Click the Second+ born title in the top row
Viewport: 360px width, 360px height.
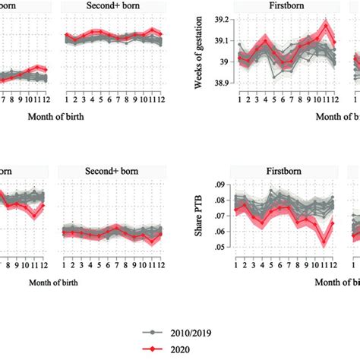click(x=113, y=7)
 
